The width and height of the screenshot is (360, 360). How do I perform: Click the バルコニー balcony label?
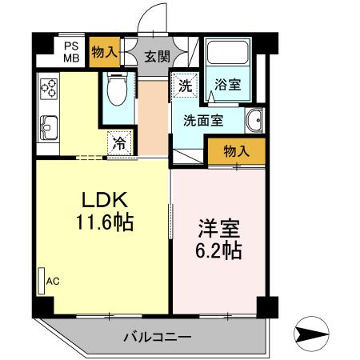click(x=157, y=337)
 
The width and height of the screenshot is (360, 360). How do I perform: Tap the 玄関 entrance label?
click(x=157, y=56)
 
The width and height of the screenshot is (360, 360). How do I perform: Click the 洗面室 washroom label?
click(x=203, y=122)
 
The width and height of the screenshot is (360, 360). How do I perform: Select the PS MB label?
click(x=72, y=52)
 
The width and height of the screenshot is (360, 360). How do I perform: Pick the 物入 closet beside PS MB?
click(x=104, y=52)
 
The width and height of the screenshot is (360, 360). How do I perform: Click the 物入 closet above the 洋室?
click(x=235, y=150)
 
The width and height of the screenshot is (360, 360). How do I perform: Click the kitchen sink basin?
click(x=47, y=126)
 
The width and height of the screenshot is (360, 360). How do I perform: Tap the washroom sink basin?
click(x=254, y=122)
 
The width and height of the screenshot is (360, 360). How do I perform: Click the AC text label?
click(x=53, y=281)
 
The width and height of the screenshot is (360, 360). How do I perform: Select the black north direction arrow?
click(x=312, y=333)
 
